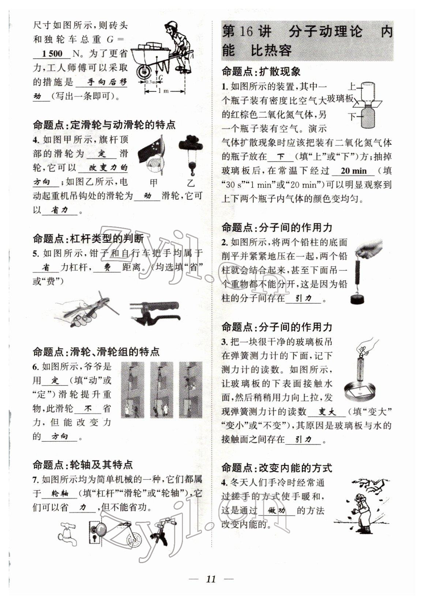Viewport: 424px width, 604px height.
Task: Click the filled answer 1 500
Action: pos(52,54)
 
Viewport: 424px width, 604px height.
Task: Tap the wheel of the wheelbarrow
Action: pos(144,72)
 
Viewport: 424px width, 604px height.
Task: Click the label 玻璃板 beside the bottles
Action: pos(340,99)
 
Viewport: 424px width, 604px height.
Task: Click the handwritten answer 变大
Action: pos(327,412)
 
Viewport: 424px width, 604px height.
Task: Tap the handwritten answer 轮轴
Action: pos(60,494)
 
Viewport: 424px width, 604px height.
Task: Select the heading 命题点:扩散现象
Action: pos(261,72)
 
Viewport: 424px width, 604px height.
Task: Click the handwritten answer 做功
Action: pos(276,511)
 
